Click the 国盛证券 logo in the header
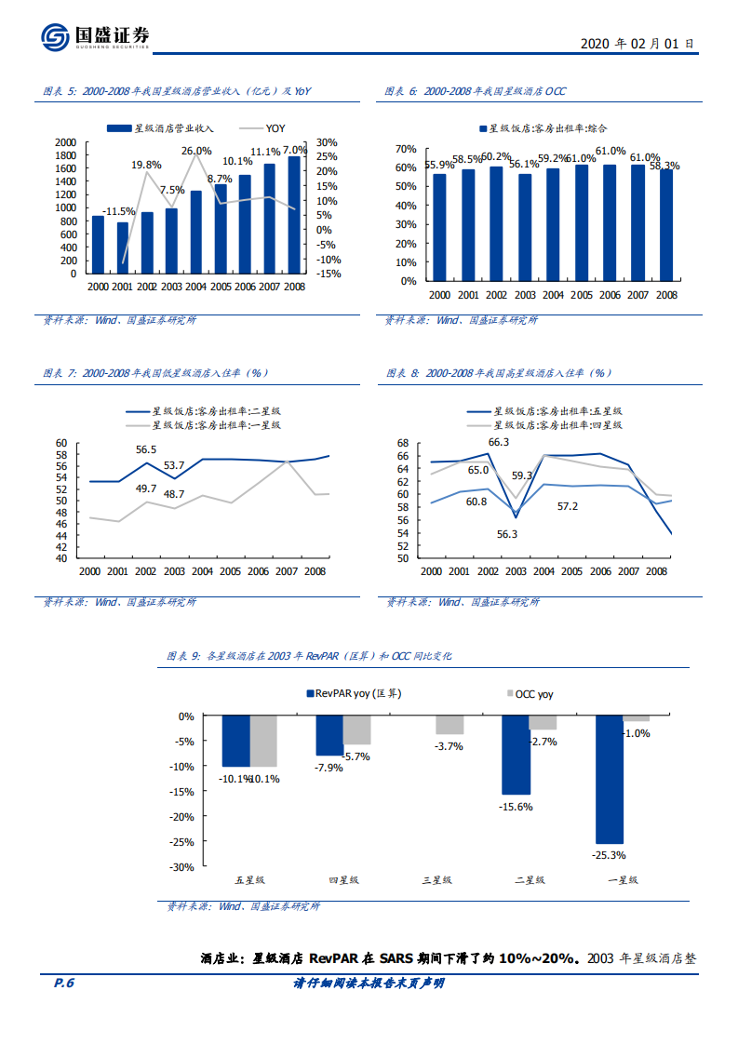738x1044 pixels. click(x=95, y=37)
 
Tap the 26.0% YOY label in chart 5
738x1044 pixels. click(x=196, y=150)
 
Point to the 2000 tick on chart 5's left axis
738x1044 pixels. click(x=66, y=142)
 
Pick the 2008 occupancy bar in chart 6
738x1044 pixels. click(x=666, y=224)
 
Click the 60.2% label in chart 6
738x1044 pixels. click(x=496, y=156)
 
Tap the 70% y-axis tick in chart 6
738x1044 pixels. click(x=406, y=149)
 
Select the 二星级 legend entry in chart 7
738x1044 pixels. click(x=214, y=410)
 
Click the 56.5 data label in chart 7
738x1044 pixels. click(x=146, y=449)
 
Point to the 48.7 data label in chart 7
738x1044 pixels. click(x=174, y=494)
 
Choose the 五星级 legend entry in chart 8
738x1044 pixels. click(x=556, y=410)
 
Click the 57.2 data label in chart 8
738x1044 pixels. click(x=568, y=506)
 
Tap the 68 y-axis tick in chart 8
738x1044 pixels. click(x=403, y=443)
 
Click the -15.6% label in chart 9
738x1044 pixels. click(x=516, y=807)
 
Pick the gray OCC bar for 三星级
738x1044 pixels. click(x=450, y=726)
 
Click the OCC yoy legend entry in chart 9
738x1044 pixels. click(x=534, y=693)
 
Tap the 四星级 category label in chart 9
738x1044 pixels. click(x=343, y=879)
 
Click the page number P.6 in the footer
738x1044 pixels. click(x=64, y=984)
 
